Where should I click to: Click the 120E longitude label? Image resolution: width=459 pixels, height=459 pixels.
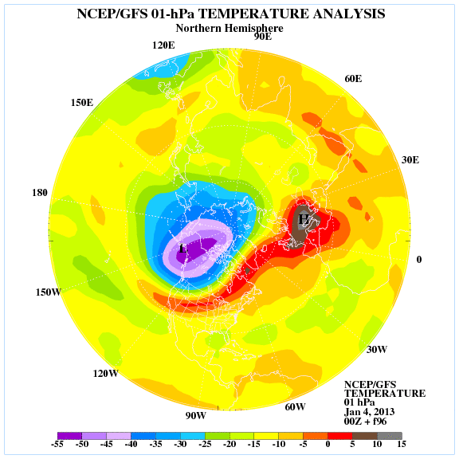[x=163, y=45]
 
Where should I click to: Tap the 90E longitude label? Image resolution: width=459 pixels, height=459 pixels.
[x=263, y=37]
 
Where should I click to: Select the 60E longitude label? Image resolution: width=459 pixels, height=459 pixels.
[x=353, y=79]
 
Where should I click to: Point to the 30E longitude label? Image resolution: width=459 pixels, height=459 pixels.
[x=410, y=160]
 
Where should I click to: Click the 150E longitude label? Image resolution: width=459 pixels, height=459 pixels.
[x=82, y=103]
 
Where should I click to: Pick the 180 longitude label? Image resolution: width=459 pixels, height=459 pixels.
[x=40, y=193]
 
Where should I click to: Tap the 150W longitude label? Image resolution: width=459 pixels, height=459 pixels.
[x=49, y=292]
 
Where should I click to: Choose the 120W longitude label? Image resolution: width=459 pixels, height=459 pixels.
[x=106, y=374]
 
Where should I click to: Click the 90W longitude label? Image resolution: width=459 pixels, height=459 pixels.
[x=195, y=416]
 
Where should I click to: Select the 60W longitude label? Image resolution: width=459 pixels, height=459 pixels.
[x=295, y=407]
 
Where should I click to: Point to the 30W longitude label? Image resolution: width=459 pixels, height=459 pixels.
[x=377, y=350]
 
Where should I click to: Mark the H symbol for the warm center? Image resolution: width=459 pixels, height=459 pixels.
[x=304, y=219]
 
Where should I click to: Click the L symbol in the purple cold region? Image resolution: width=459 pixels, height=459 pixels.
[x=183, y=249]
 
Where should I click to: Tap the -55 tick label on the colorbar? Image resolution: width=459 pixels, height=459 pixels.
[x=57, y=445]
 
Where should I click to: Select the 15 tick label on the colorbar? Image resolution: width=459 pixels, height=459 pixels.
[x=402, y=445]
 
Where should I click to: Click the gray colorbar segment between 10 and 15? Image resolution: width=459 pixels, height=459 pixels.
[x=390, y=436]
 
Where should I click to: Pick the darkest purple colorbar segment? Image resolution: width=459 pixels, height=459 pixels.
[x=69, y=436]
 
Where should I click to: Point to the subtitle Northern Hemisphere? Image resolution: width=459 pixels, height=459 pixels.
[x=229, y=29]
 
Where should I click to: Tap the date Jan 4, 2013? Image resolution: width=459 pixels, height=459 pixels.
[x=369, y=412]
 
